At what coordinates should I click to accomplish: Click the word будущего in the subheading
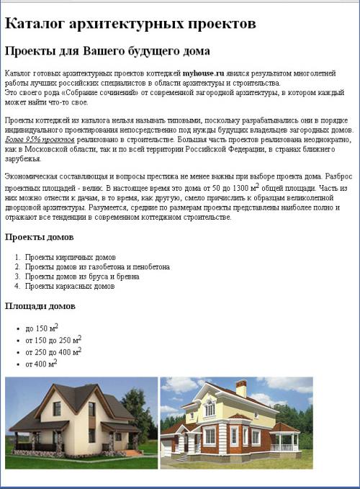[142, 52]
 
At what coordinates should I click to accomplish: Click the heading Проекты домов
[39, 237]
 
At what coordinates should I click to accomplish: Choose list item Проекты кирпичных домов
[70, 257]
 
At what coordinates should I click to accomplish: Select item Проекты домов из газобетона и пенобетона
[97, 266]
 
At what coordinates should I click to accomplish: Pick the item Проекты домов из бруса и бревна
[82, 277]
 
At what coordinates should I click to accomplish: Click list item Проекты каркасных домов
[70, 286]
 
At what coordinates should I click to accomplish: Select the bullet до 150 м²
[41, 328]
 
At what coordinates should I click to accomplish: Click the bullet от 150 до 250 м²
[53, 341]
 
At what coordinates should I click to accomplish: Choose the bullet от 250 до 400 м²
[53, 352]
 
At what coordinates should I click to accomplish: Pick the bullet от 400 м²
[41, 364]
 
